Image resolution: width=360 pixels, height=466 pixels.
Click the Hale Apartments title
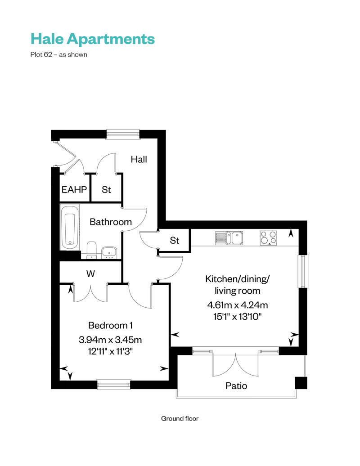click(x=92, y=39)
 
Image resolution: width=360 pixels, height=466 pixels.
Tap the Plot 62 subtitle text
click(x=58, y=55)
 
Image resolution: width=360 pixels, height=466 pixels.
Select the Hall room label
click(x=139, y=159)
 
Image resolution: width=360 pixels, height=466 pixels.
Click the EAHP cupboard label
click(x=74, y=190)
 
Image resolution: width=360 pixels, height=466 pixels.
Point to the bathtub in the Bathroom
click(x=70, y=230)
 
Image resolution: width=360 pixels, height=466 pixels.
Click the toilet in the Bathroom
click(x=91, y=249)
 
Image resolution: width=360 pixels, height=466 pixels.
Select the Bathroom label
click(x=111, y=222)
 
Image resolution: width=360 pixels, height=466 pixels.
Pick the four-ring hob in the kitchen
click(x=268, y=238)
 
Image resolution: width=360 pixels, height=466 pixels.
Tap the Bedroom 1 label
click(x=110, y=325)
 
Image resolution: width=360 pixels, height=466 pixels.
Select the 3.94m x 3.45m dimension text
click(x=111, y=340)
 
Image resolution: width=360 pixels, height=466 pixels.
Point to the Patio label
click(x=236, y=385)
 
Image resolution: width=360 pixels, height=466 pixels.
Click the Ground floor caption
click(x=180, y=418)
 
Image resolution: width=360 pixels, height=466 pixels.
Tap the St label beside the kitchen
click(x=175, y=241)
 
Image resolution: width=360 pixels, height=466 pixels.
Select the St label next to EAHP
click(x=106, y=190)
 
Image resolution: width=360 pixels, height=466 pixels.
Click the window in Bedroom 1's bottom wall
click(x=113, y=384)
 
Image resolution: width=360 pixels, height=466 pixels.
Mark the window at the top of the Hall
click(x=123, y=133)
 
